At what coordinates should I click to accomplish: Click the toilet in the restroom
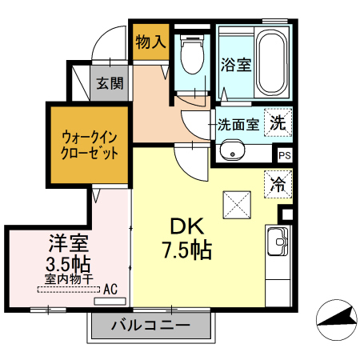(192, 54)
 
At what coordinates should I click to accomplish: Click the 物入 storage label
(150, 42)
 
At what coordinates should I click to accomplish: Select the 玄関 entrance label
(110, 83)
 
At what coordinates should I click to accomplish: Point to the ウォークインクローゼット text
(90, 146)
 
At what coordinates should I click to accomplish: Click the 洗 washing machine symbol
(278, 122)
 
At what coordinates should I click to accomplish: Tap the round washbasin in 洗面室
(232, 150)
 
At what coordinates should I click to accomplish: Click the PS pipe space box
(284, 155)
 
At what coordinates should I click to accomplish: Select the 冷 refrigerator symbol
(278, 184)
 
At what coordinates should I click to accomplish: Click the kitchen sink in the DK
(278, 242)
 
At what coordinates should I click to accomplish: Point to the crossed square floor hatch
(237, 205)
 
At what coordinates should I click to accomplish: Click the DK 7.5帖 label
(187, 238)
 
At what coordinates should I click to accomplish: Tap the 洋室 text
(68, 243)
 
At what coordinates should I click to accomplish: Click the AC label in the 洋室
(110, 289)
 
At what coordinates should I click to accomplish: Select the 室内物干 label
(69, 279)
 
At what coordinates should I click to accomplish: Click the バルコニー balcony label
(151, 325)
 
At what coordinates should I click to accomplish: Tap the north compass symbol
(337, 320)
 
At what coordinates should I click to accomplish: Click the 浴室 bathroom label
(236, 65)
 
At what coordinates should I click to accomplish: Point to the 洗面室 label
(238, 124)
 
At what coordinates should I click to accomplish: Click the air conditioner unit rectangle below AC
(110, 302)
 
